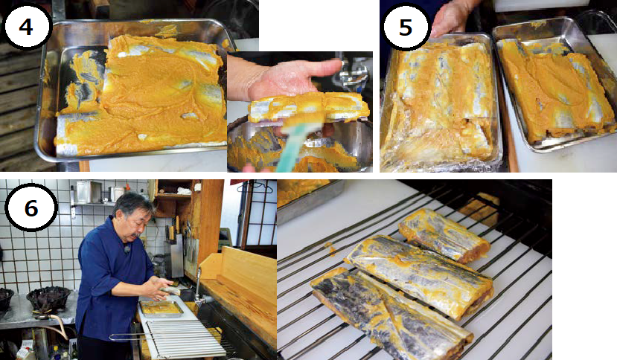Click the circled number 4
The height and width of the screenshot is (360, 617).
[x=26, y=26]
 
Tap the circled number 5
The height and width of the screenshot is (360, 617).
[x=406, y=26]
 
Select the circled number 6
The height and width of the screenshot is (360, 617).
[x=31, y=208]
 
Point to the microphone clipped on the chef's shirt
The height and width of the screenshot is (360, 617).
[x=127, y=248]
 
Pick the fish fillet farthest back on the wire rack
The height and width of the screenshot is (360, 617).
[x=444, y=236]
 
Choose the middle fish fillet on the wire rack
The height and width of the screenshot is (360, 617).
[x=420, y=274]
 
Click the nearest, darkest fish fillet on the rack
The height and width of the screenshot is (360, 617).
[x=391, y=314]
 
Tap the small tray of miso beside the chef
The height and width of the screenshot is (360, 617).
[x=162, y=309]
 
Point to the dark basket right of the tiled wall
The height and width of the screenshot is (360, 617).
[x=49, y=300]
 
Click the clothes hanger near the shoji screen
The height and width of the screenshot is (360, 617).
[x=255, y=187]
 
